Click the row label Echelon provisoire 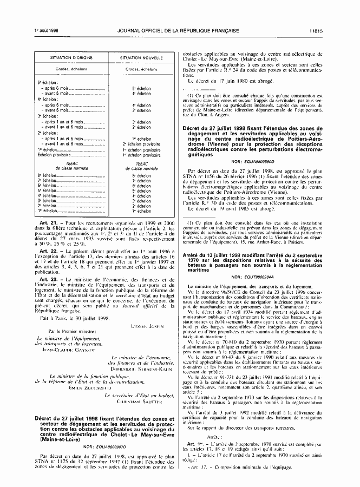click(53, 155)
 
